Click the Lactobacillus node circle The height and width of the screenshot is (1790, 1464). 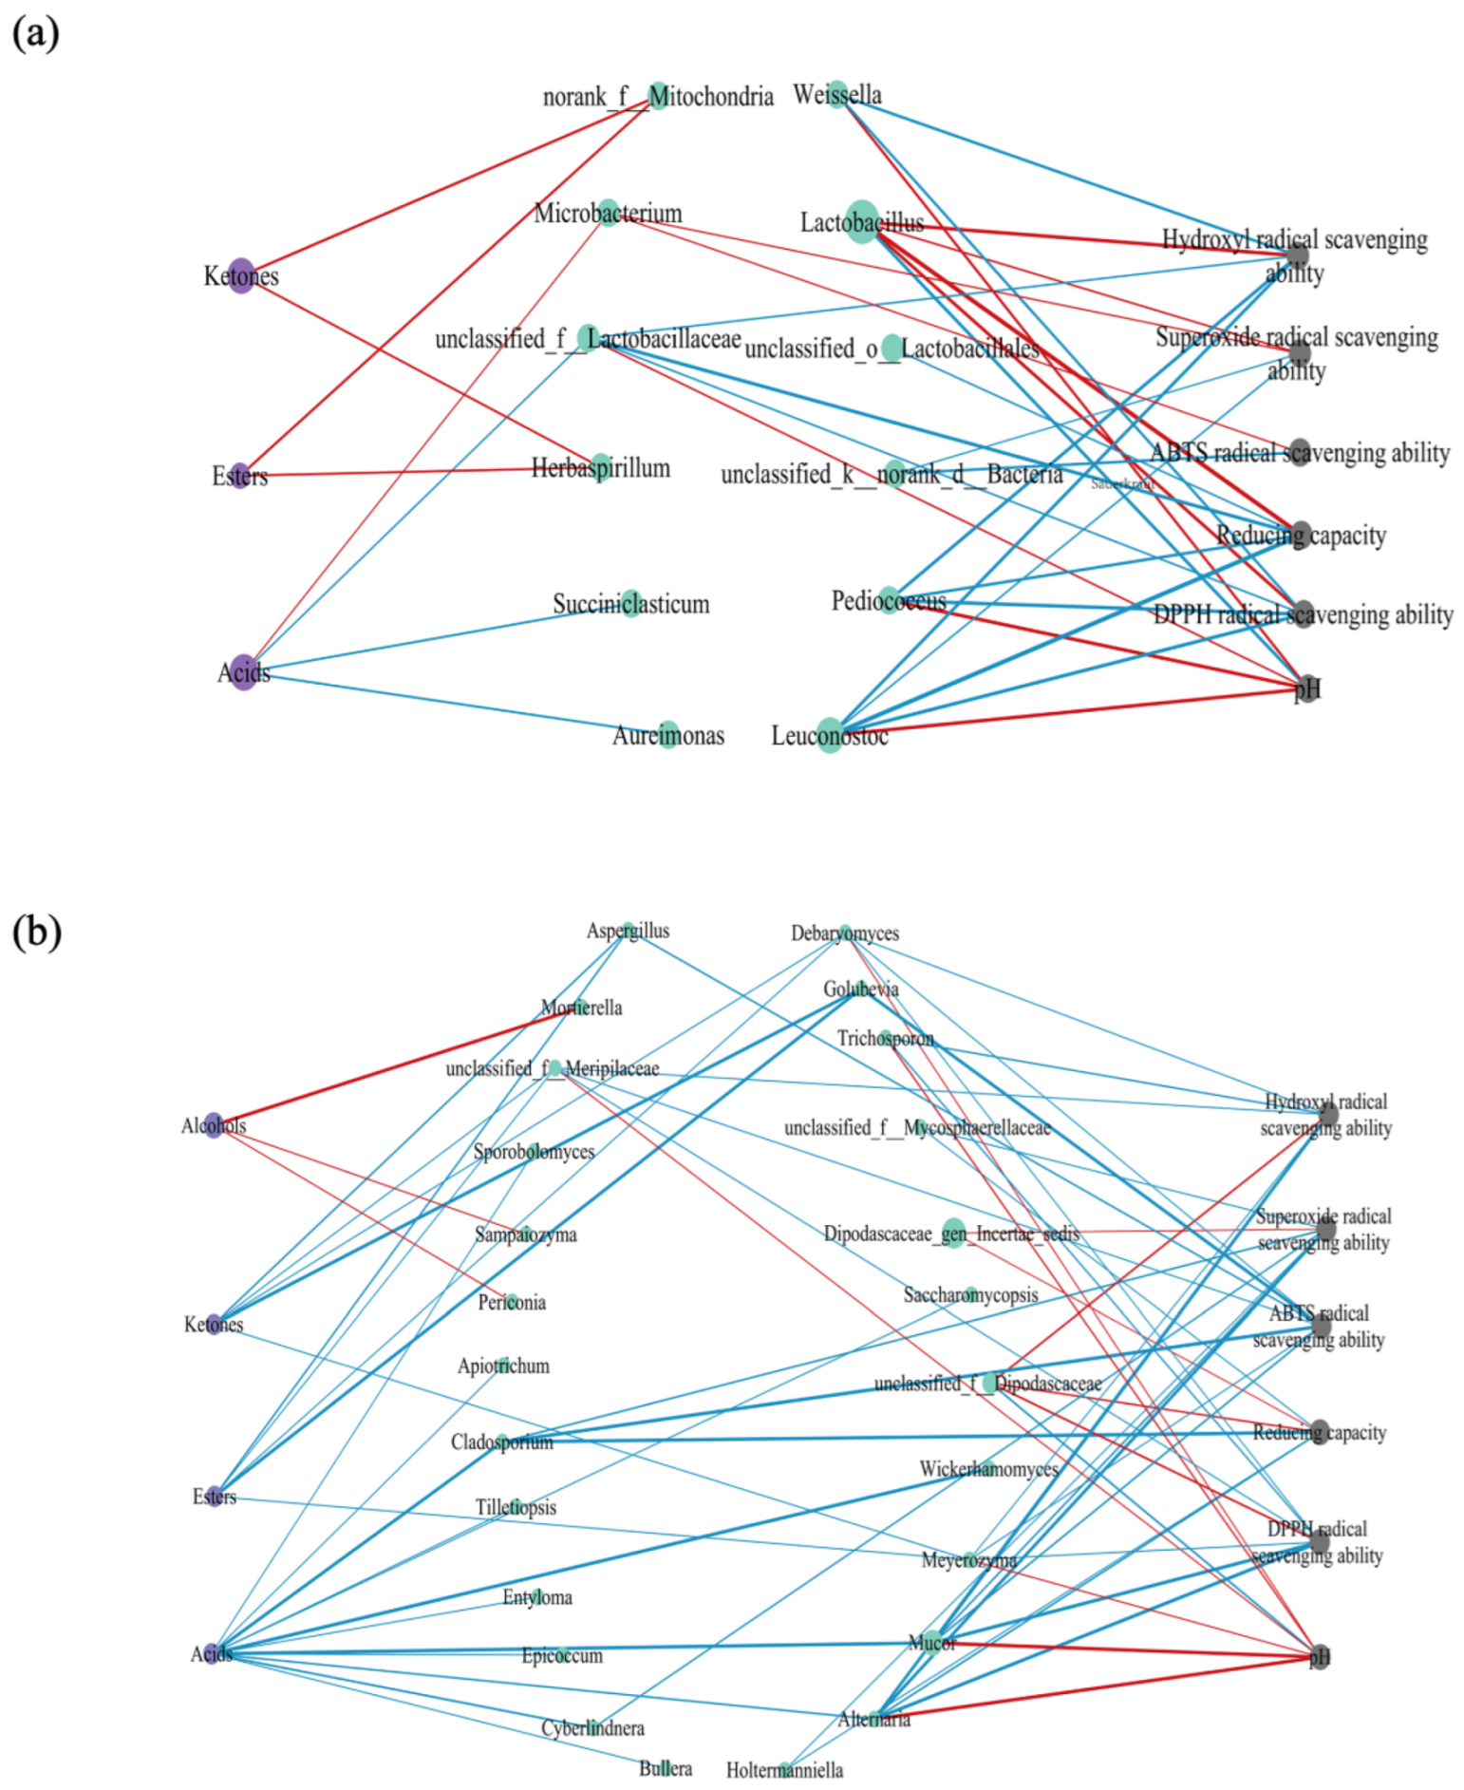point(861,221)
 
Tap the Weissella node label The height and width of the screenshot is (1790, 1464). point(836,95)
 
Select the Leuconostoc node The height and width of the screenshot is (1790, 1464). point(830,735)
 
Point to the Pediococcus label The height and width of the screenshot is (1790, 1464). point(889,601)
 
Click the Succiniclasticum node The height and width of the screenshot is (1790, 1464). point(631,603)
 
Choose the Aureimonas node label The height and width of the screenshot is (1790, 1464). point(668,736)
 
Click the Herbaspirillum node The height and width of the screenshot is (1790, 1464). point(601,467)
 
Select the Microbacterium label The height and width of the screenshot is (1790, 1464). point(608,213)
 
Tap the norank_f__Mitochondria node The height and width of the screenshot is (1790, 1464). point(658,96)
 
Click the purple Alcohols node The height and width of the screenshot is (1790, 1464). point(215,1125)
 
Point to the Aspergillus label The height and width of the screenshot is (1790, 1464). point(628,931)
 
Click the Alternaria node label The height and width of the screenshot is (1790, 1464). point(873,1720)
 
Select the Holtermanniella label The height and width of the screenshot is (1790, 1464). point(784,1770)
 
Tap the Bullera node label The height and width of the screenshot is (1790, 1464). point(665,1768)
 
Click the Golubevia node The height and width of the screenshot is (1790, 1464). point(860,989)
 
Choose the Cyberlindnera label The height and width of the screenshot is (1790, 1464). point(592,1728)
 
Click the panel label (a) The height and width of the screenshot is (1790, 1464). point(35,33)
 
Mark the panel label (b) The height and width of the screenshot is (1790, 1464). point(36,932)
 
